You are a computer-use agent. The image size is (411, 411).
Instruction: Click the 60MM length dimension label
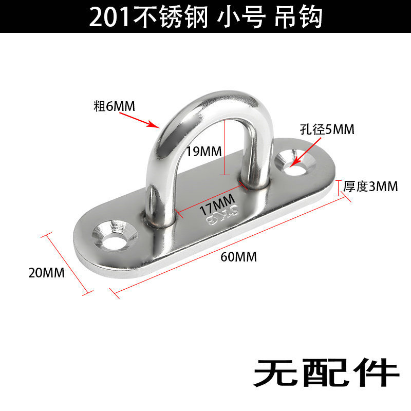point(239,256)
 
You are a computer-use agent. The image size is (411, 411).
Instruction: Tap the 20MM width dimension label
point(46,273)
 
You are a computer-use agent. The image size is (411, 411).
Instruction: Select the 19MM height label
point(203,152)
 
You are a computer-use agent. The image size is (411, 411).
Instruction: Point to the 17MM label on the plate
point(217,204)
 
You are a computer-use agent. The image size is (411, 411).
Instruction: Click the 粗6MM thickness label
point(114,106)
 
